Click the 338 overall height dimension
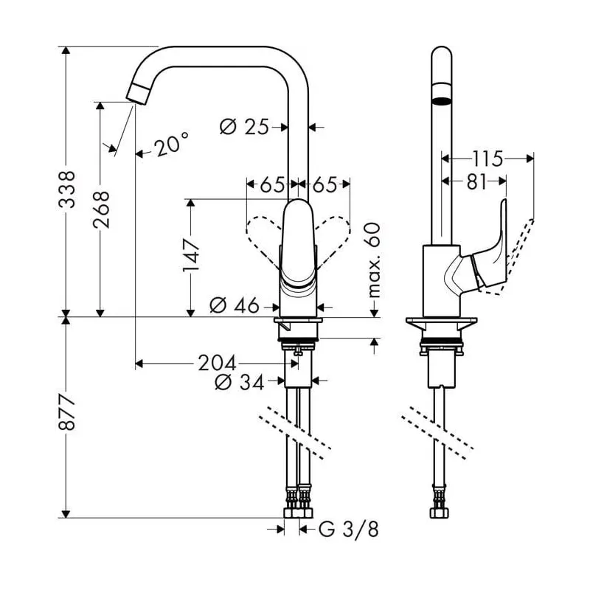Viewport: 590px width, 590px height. coord(66,191)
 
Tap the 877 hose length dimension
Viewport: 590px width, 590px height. coord(66,417)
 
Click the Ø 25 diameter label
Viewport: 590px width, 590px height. coord(243,128)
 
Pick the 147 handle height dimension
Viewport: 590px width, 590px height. coord(191,255)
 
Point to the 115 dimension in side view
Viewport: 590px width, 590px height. coord(487,158)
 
